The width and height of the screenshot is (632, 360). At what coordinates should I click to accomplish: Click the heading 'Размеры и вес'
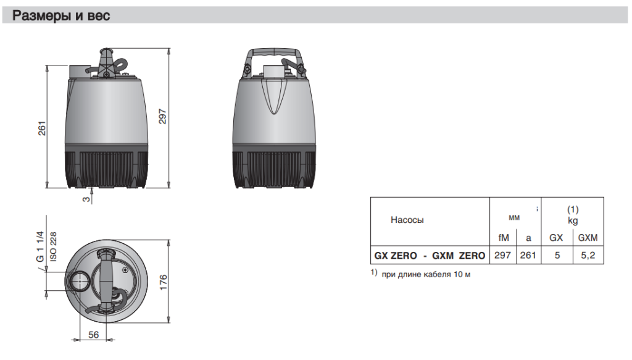click(x=61, y=15)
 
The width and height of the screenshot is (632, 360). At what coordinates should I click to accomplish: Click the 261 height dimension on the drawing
click(x=42, y=128)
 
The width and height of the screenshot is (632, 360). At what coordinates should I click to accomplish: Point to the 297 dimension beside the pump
click(x=162, y=116)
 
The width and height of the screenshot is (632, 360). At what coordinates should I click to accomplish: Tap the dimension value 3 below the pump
click(x=86, y=199)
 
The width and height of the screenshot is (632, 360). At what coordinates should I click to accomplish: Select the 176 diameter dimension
click(x=163, y=282)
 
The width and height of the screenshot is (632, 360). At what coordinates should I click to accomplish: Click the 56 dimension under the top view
click(x=94, y=335)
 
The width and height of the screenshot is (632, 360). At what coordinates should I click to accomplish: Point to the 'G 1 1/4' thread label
click(x=40, y=246)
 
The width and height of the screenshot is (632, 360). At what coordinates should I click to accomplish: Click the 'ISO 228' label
click(x=53, y=246)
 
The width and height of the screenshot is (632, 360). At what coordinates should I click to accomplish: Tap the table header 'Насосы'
click(x=407, y=220)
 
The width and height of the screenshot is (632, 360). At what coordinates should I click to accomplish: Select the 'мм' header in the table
click(x=514, y=218)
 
